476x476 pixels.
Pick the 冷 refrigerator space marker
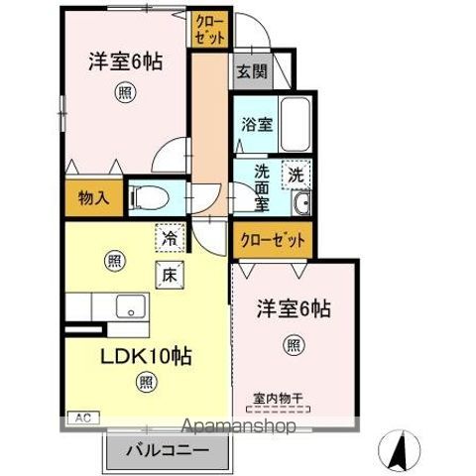[171, 240]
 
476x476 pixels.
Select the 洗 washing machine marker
[296, 175]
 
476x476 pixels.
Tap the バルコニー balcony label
[167, 451]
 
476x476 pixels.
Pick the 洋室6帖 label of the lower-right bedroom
[294, 308]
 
